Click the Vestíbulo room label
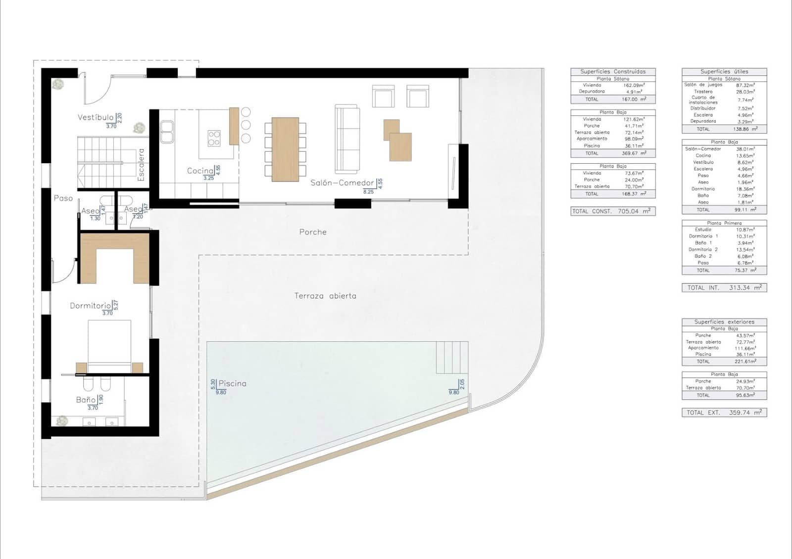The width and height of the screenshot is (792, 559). click(96, 117)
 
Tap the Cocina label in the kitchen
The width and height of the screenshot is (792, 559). click(200, 171)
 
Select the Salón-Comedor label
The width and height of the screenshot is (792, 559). click(342, 183)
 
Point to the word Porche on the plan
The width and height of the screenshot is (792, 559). click(313, 232)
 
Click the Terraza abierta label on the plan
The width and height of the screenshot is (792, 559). click(325, 296)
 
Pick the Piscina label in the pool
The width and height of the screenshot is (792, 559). click(232, 383)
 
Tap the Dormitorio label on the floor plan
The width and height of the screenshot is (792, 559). click(91, 306)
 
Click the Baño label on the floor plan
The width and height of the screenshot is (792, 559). click(86, 400)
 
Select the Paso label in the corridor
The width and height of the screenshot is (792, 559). click(63, 198)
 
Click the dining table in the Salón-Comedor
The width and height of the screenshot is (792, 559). click(285, 149)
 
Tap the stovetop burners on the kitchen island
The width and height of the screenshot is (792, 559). click(214, 138)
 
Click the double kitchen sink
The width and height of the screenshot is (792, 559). click(167, 132)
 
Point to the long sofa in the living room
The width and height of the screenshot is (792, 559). click(347, 139)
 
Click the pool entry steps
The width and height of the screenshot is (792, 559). click(452, 357)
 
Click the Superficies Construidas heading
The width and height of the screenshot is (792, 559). click(613, 72)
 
